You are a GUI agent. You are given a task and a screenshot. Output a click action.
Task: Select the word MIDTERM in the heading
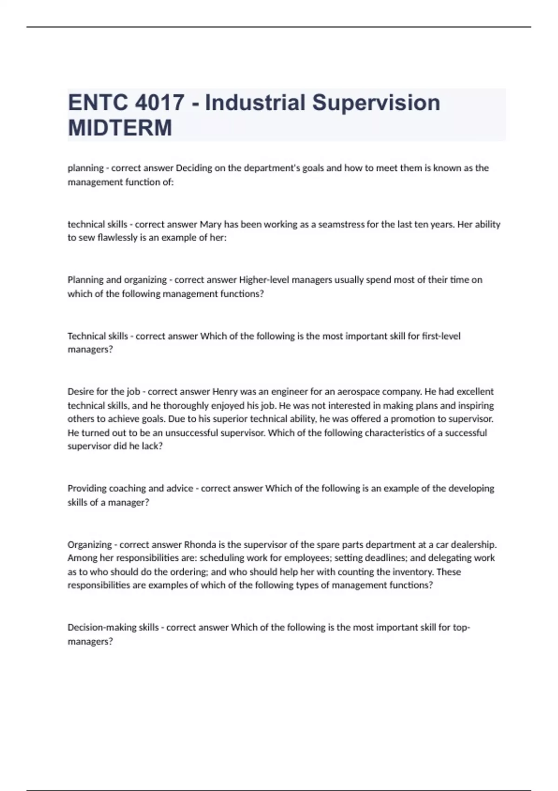click(120, 128)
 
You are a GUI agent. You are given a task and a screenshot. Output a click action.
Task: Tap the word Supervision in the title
click(376, 103)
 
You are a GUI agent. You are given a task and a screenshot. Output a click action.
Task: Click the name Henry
click(225, 392)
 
